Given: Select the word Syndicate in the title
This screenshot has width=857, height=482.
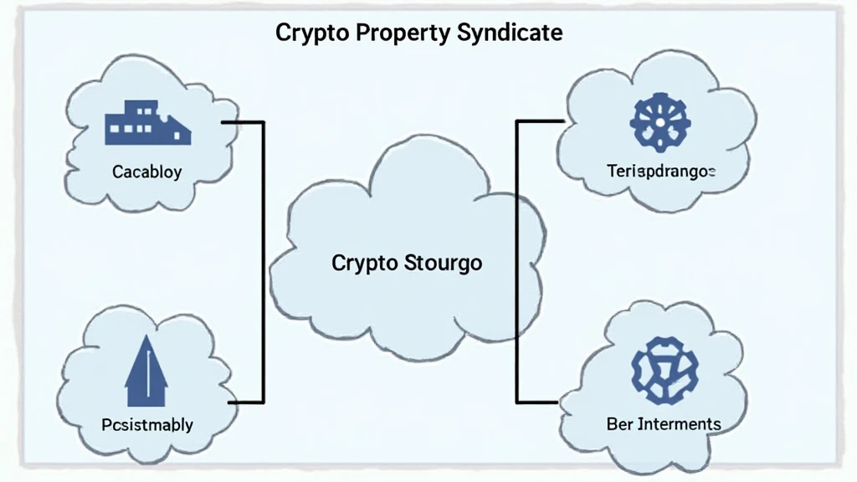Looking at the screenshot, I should click(x=510, y=33).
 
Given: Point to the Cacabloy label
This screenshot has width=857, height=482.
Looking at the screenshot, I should click(x=146, y=172).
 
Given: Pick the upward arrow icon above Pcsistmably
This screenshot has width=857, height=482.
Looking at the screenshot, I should click(x=146, y=372).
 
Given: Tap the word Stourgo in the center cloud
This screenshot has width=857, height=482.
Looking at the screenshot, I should click(x=444, y=263).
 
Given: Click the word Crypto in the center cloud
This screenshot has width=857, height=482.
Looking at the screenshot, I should click(x=365, y=263).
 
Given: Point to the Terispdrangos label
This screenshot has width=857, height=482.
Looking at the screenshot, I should click(x=661, y=172).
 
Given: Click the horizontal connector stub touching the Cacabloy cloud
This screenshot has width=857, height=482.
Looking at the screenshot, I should click(x=242, y=122).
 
